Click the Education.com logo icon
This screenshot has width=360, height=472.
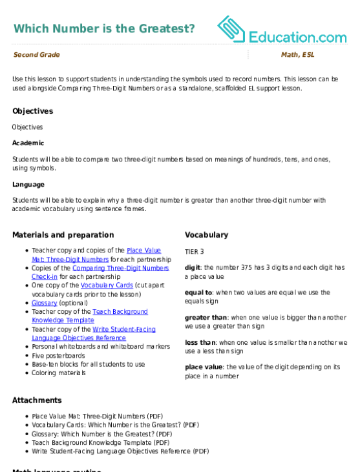pos(231,29)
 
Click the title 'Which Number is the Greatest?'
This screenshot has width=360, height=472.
pos(104,28)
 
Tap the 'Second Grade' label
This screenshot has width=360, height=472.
pos(36,55)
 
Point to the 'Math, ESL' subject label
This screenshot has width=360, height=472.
pos(298,55)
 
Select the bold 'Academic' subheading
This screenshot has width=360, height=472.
pos(28,143)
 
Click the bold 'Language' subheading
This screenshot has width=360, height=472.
pos(28,185)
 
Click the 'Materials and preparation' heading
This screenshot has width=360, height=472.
pos(63,235)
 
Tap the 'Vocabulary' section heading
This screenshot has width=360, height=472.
pos(207,235)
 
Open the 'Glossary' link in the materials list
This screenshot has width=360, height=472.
pos(45,303)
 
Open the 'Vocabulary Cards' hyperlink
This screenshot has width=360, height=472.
pos(107,285)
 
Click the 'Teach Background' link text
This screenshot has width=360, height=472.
pos(120,312)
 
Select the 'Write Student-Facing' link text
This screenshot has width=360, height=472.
pos(124,329)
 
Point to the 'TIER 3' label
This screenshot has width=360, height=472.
pos(195,252)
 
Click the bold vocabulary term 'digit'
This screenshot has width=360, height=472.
pos(193,267)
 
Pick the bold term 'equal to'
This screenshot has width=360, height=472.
pos(198,292)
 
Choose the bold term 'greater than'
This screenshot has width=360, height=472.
pos(206,318)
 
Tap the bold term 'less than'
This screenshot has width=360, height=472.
pos(200,343)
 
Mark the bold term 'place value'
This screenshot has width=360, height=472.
pos(204,367)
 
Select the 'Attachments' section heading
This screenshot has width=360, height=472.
pos(37,400)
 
